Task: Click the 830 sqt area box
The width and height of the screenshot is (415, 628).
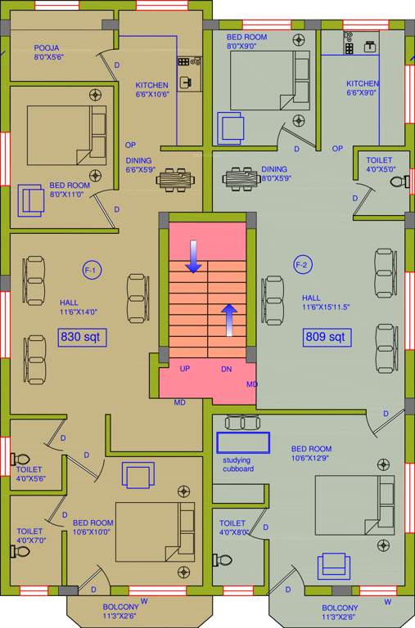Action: (x=83, y=336)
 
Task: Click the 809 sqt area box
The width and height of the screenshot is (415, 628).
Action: (x=326, y=336)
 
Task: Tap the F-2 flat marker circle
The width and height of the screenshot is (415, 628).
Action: (x=301, y=265)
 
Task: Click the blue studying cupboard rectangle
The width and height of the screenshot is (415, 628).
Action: (x=242, y=442)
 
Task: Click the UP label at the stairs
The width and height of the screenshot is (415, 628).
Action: (x=185, y=369)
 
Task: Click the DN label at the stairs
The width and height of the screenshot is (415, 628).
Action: (x=227, y=369)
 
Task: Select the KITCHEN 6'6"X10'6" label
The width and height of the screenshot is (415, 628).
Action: (x=151, y=89)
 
